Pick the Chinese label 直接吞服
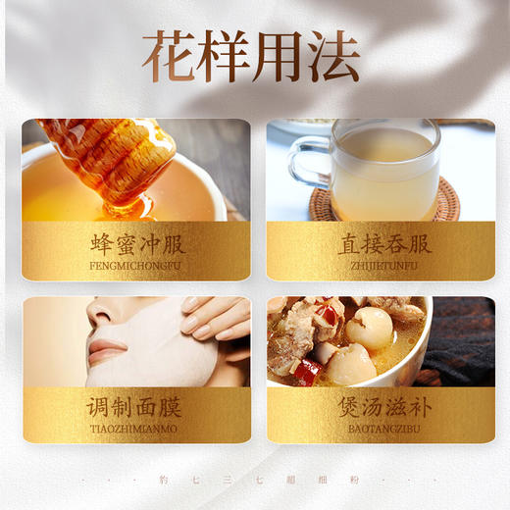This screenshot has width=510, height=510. pyautogui.click(x=381, y=244)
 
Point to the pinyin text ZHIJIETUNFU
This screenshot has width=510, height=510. pyautogui.click(x=381, y=266)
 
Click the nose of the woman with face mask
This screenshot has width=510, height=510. pyautogui.click(x=99, y=320)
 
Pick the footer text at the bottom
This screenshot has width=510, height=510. pyautogui.click(x=255, y=480)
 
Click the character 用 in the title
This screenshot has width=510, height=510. pyautogui.click(x=279, y=57)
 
